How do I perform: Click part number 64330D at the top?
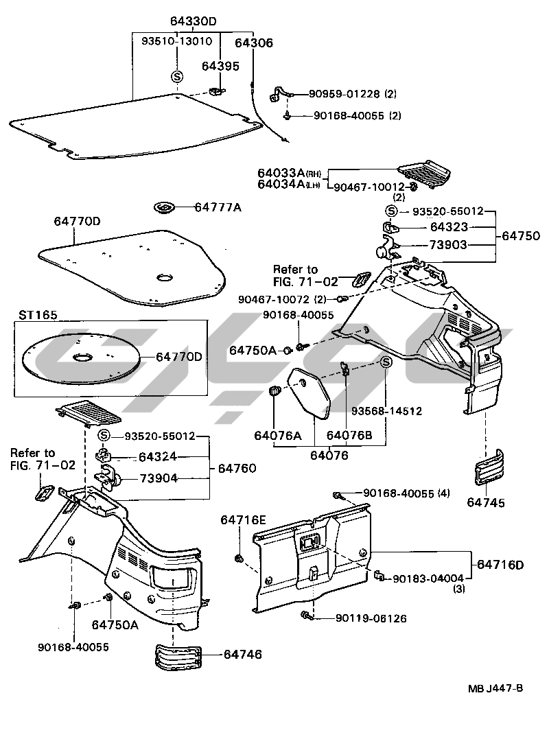[x=192, y=21]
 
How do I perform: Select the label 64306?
[x=254, y=43]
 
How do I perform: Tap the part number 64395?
[x=220, y=66]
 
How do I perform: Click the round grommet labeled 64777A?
[x=165, y=207]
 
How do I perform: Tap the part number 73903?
[x=449, y=245]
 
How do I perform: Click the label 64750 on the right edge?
[x=521, y=235]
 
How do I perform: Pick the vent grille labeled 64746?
[x=177, y=657]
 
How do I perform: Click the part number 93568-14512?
[x=386, y=411]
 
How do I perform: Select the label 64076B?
[x=349, y=435]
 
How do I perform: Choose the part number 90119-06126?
[x=371, y=618]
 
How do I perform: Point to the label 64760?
[x=237, y=469]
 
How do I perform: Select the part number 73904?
[x=159, y=478]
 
